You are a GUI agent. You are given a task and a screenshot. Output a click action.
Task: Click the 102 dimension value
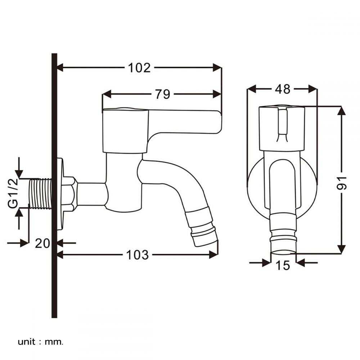(x=139, y=68)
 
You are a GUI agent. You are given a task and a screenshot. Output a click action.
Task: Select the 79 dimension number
(x=163, y=94)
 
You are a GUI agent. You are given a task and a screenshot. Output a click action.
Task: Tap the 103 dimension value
(x=138, y=255)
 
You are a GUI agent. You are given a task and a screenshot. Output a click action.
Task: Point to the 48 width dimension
(x=282, y=89)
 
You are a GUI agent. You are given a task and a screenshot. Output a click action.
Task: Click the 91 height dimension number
(x=342, y=183)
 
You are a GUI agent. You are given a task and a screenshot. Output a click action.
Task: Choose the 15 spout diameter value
(x=283, y=265)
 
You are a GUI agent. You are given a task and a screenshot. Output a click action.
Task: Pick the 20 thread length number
(x=42, y=243)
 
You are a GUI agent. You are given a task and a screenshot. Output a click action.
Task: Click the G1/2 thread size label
(x=13, y=193)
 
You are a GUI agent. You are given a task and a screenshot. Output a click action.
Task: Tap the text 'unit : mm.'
(x=40, y=342)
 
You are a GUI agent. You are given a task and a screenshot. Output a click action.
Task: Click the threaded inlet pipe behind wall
(x=40, y=194)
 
